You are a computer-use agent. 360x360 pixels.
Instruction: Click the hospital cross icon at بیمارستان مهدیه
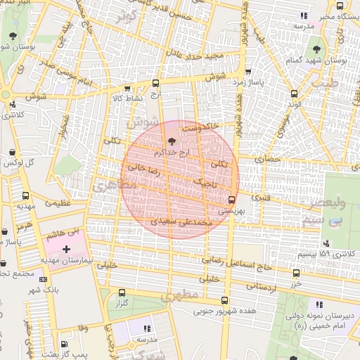(x=67, y=249)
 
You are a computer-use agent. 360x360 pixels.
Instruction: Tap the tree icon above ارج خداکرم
(x=164, y=143)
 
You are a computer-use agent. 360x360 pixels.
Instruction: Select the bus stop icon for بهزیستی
(x=232, y=199)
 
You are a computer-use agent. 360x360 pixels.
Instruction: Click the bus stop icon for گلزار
(x=123, y=293)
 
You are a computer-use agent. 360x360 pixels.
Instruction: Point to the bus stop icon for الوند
(x=294, y=94)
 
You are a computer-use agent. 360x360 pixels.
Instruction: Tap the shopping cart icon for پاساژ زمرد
(x=248, y=72)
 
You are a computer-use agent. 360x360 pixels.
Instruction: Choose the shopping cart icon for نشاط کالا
(x=127, y=89)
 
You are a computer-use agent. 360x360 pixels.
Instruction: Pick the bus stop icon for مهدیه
(x=26, y=196)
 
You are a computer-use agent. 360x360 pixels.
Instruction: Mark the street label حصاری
(x=267, y=160)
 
